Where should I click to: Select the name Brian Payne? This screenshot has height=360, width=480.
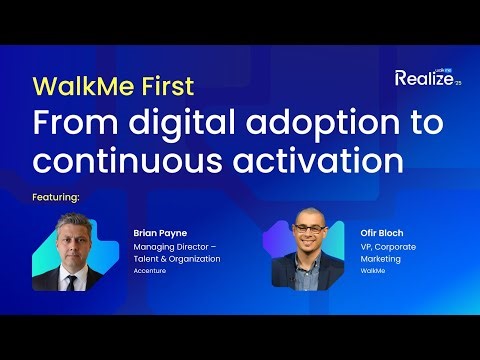pos(159,231)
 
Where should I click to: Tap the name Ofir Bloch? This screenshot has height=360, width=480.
pos(383,231)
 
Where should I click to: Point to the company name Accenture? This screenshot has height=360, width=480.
pos(151,269)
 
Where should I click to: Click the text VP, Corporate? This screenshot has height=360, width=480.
pos(389,245)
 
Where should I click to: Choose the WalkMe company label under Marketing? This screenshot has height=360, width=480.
pos(372,269)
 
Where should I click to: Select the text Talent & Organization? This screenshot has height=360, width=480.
pos(176,257)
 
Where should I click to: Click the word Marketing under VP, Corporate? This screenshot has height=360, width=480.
pos(379,257)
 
